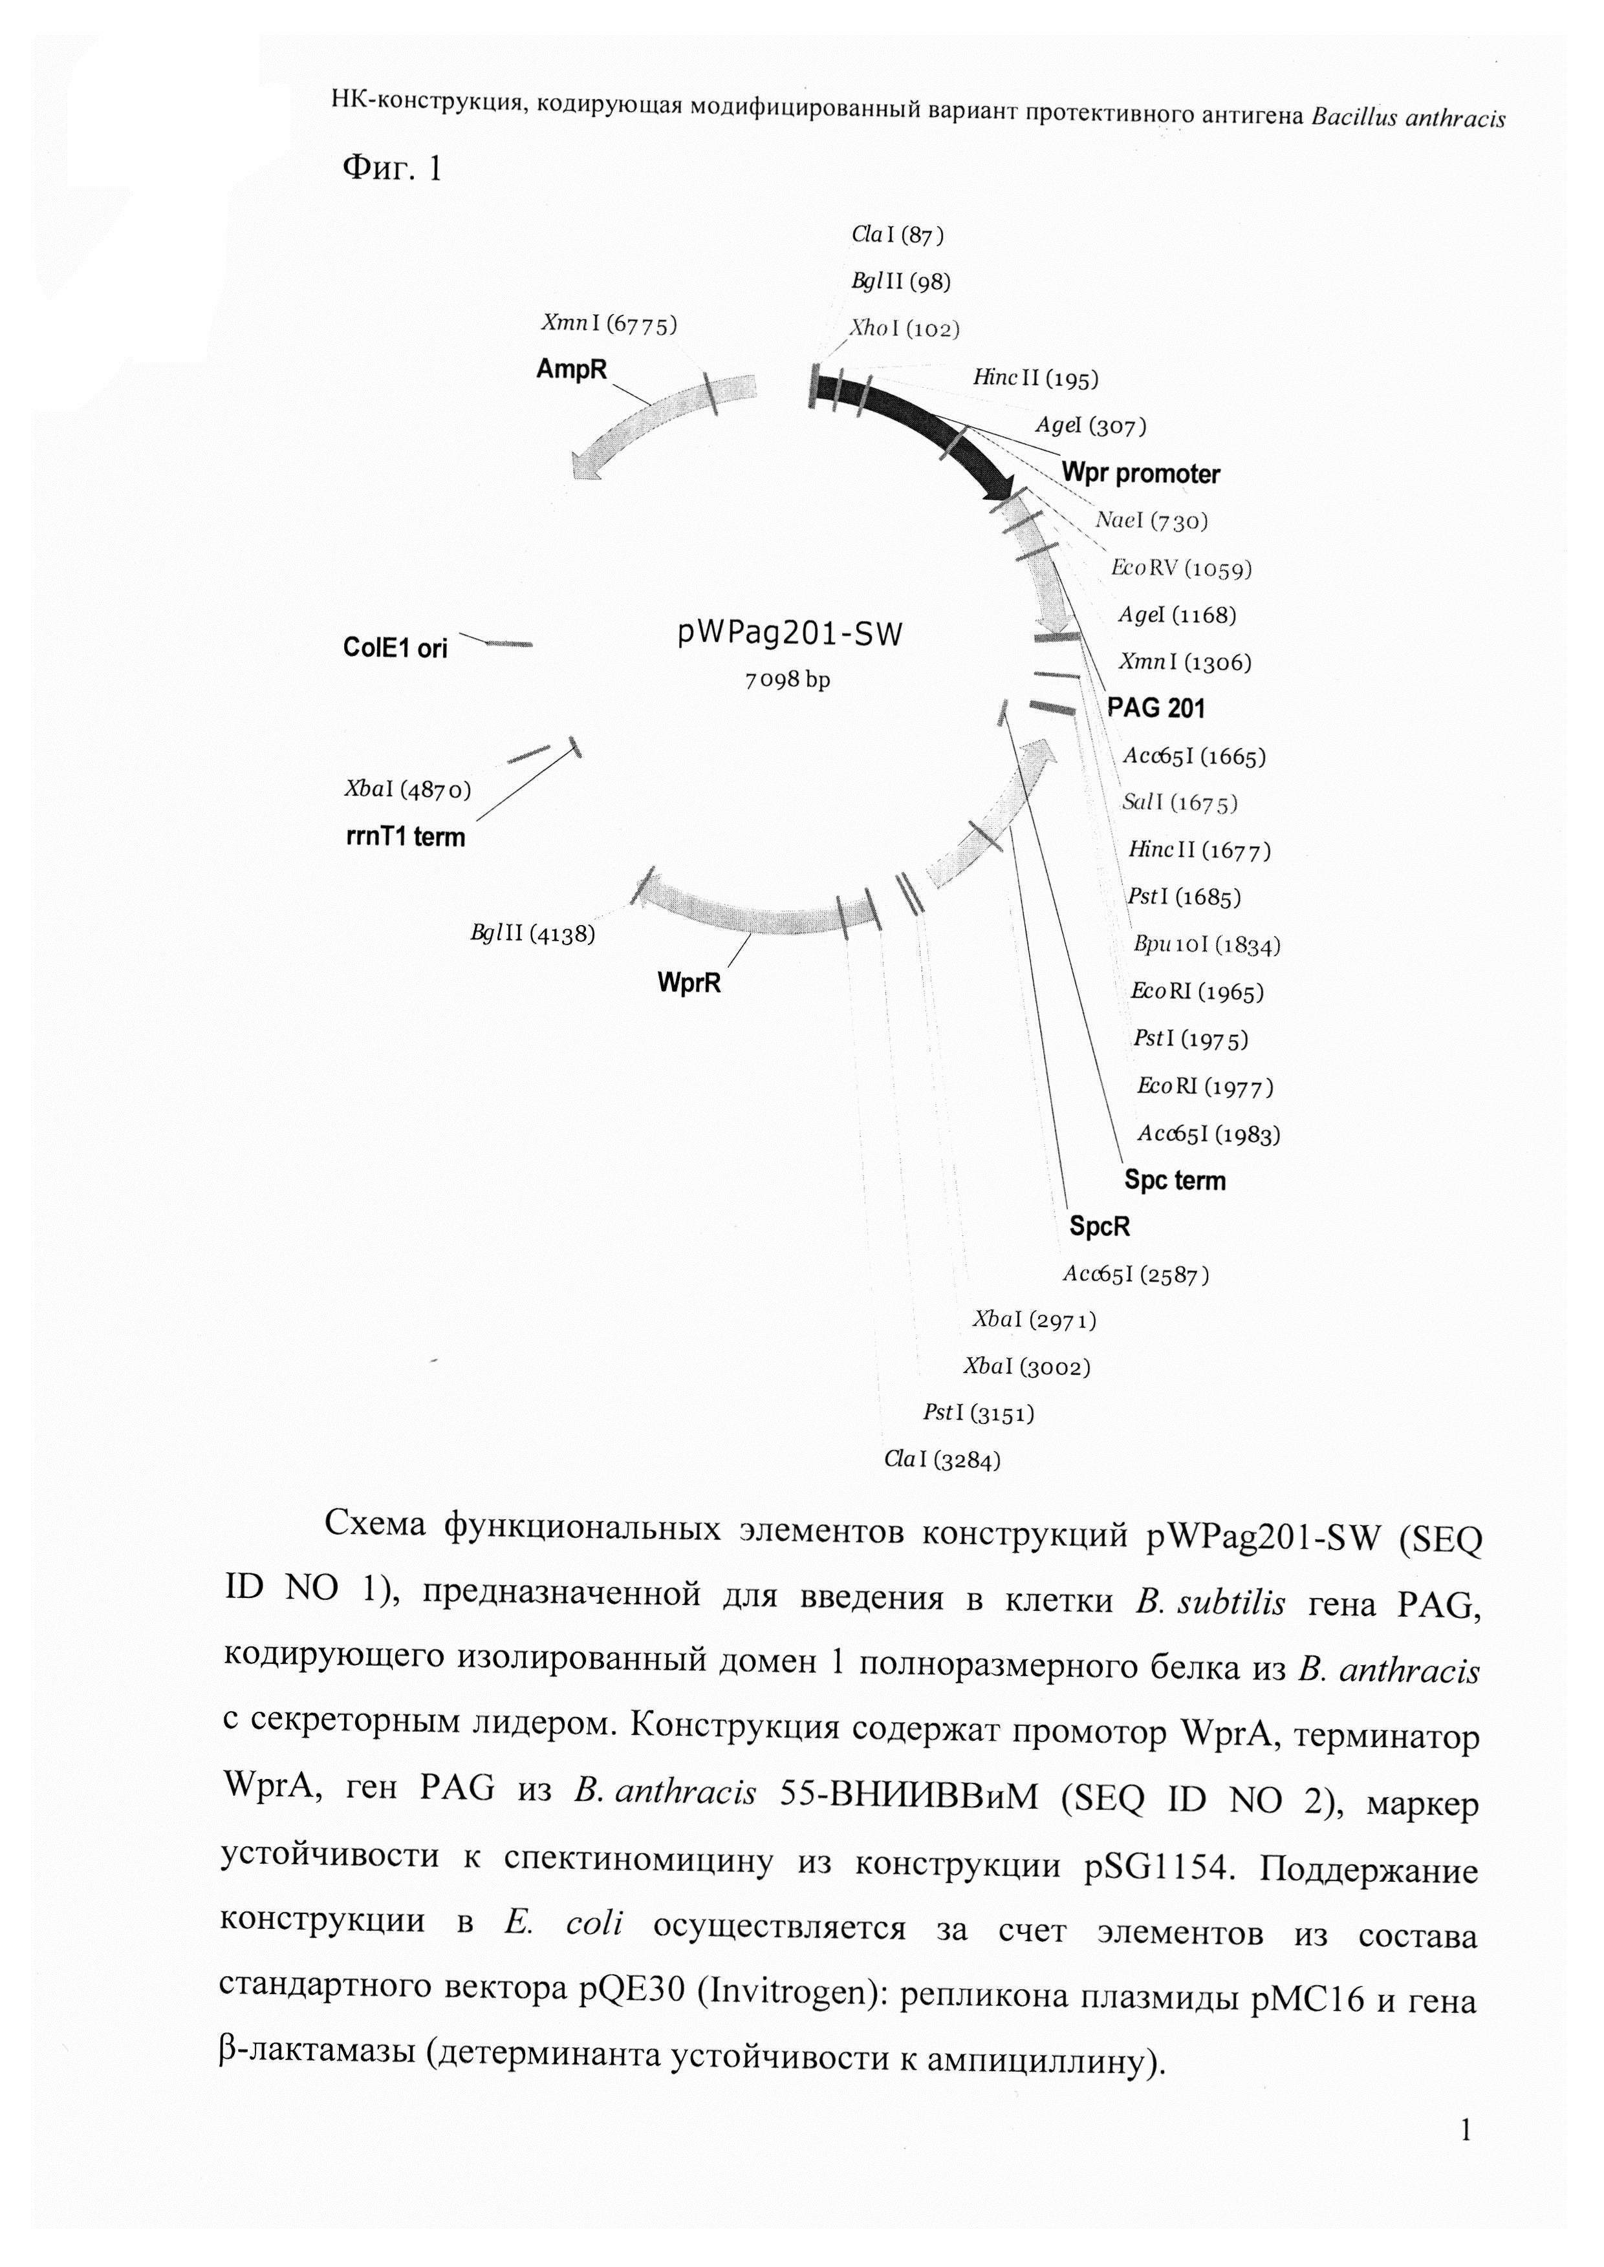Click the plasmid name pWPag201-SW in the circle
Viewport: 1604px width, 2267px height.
coord(790,633)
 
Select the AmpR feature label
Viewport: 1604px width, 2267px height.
coord(571,369)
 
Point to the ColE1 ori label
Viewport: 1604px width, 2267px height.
coord(395,648)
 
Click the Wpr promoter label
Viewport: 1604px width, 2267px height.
coord(1141,474)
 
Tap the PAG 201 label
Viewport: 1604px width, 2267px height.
coord(1156,708)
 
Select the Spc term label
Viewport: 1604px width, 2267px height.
coord(1175,1181)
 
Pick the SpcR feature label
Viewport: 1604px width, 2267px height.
coord(1100,1228)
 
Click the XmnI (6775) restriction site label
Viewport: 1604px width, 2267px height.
coord(609,323)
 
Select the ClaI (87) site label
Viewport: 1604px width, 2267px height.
coord(897,235)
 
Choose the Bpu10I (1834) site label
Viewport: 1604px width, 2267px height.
coord(1207,945)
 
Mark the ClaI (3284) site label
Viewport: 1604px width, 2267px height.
coord(942,1460)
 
